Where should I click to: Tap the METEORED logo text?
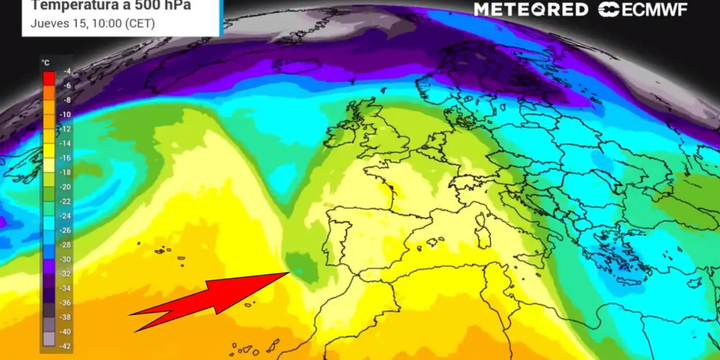tap(531, 9)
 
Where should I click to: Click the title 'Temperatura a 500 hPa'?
tap(111, 6)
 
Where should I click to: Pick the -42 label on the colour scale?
tap(66, 345)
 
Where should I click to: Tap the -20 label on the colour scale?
tap(66, 187)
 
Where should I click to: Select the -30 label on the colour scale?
tap(66, 259)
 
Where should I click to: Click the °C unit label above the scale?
tap(45, 63)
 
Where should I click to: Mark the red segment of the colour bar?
tap(49, 78)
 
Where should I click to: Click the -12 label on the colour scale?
tap(66, 129)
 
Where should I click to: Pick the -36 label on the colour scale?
tap(66, 303)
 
